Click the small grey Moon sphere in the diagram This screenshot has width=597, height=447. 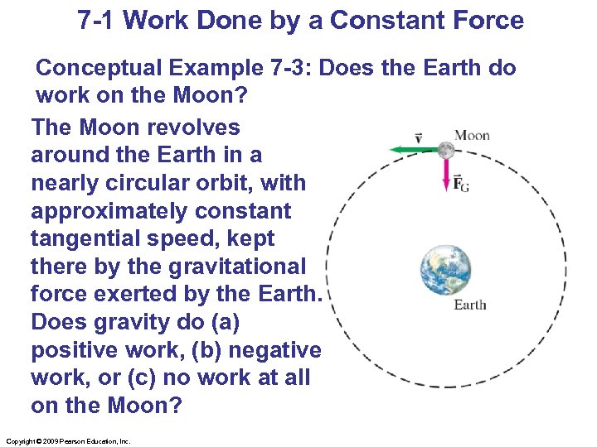tap(446, 150)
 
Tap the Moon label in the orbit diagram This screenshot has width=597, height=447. tap(472, 135)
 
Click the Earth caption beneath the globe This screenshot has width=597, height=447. tap(470, 305)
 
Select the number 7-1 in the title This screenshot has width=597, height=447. tap(97, 21)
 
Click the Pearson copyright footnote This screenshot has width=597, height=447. tap(69, 441)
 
